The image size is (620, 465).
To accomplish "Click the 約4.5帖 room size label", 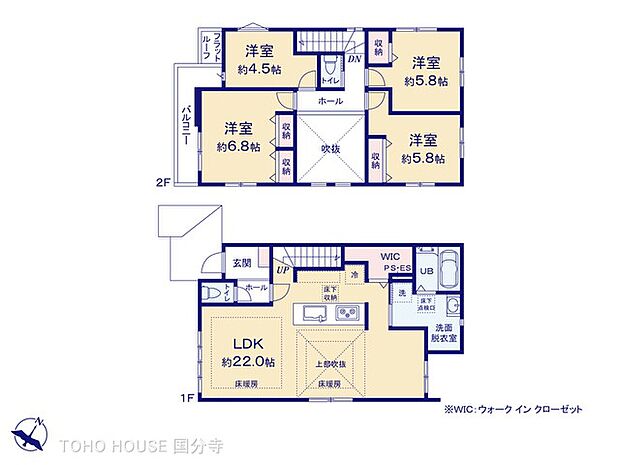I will click(x=259, y=70).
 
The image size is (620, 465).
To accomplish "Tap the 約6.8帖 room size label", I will click(x=238, y=146).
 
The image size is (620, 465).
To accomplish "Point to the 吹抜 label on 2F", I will click(x=330, y=148).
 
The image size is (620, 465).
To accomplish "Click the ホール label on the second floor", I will click(x=330, y=101).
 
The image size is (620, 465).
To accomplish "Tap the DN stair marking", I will click(x=355, y=60).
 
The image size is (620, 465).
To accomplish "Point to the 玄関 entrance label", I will click(x=242, y=263).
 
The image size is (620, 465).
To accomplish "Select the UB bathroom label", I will click(x=424, y=270).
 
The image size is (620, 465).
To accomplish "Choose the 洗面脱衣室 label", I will click(x=445, y=333).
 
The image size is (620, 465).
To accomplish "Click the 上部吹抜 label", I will click(x=330, y=364).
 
